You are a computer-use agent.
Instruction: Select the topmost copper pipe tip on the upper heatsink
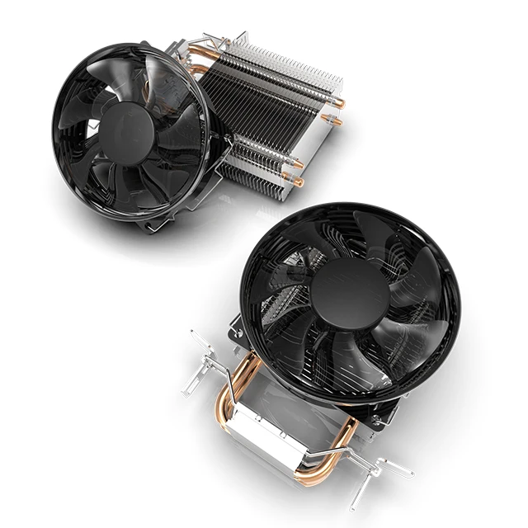[x=338, y=103]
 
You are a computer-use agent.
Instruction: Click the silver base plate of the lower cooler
[x=280, y=429]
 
